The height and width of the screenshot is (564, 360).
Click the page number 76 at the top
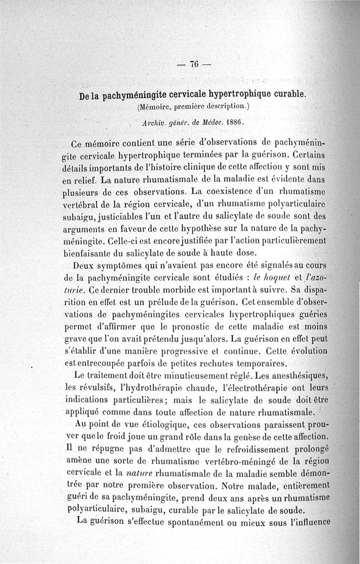pyautogui.click(x=194, y=64)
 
